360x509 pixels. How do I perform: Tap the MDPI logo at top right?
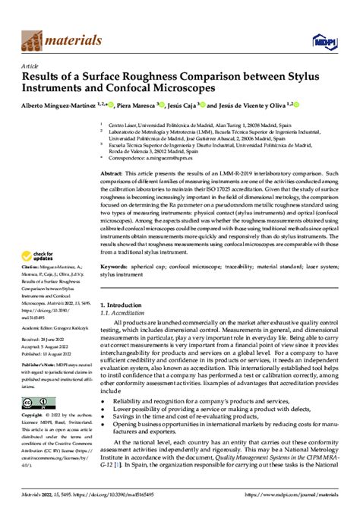tap(332, 33)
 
